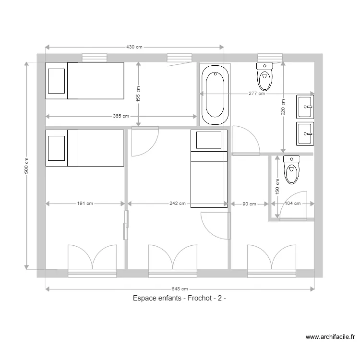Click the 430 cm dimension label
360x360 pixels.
click(x=134, y=47)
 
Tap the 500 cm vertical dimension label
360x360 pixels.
click(x=27, y=166)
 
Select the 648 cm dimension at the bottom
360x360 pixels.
click(x=180, y=289)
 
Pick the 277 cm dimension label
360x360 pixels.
click(x=257, y=94)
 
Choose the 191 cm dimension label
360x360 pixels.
click(x=85, y=204)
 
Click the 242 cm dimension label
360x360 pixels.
click(x=178, y=204)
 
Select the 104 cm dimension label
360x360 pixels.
click(x=292, y=204)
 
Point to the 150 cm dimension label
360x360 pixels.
click(x=277, y=185)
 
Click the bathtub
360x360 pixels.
click(x=215, y=95)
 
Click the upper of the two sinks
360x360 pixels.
click(x=305, y=107)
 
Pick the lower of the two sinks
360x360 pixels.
click(x=305, y=133)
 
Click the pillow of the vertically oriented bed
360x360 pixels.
click(x=209, y=140)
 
